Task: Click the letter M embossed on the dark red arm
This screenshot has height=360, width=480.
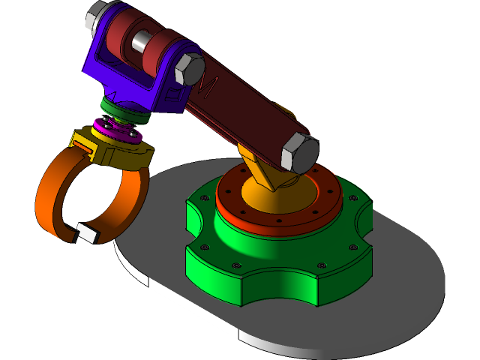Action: pos(208,87)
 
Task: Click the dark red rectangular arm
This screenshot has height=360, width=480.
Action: pos(247,112)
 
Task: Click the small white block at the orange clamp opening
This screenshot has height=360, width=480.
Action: pos(85,233)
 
